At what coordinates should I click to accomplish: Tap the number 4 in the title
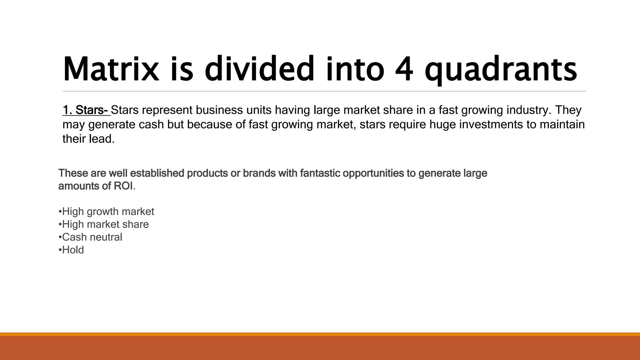coord(404,69)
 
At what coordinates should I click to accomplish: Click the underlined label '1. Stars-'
coord(86,110)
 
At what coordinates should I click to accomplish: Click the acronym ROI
coord(123,186)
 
